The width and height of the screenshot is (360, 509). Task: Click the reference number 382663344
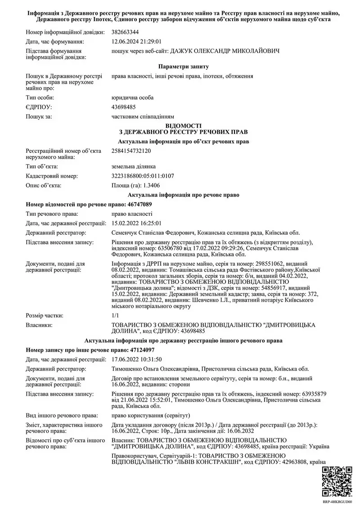pos(126,32)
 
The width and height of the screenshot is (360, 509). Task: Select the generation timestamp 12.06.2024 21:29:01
pos(136,41)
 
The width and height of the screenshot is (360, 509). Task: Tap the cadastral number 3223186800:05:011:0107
pos(142,176)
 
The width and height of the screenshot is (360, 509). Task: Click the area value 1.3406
pos(151,185)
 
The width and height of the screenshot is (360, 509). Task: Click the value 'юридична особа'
pos(133,98)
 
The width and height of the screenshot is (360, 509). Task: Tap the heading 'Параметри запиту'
pos(180,67)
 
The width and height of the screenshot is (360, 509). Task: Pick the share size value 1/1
pos(115,315)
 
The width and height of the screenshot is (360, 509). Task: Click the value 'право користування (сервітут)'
pos(150,415)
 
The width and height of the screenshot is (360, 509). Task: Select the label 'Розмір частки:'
pos(45,315)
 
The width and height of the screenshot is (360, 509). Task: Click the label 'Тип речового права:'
pos(52,214)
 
